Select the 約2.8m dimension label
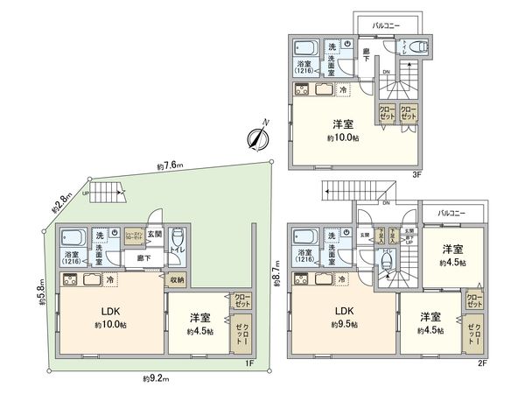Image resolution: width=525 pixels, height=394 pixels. pos(61,203)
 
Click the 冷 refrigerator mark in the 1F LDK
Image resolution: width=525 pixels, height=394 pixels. pos(109,280)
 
